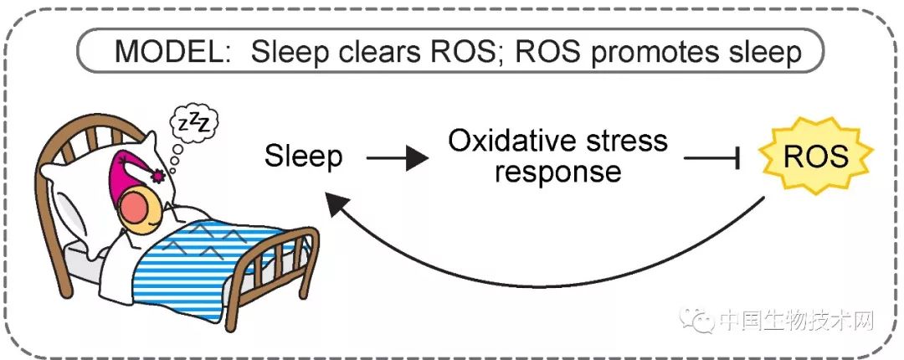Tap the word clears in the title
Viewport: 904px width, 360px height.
(x=387, y=53)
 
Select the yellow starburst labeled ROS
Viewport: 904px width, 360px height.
(x=817, y=156)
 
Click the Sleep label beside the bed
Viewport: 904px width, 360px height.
(x=303, y=156)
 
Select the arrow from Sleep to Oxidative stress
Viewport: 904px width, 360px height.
(x=391, y=157)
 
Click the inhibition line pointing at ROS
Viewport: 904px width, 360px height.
(x=711, y=157)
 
